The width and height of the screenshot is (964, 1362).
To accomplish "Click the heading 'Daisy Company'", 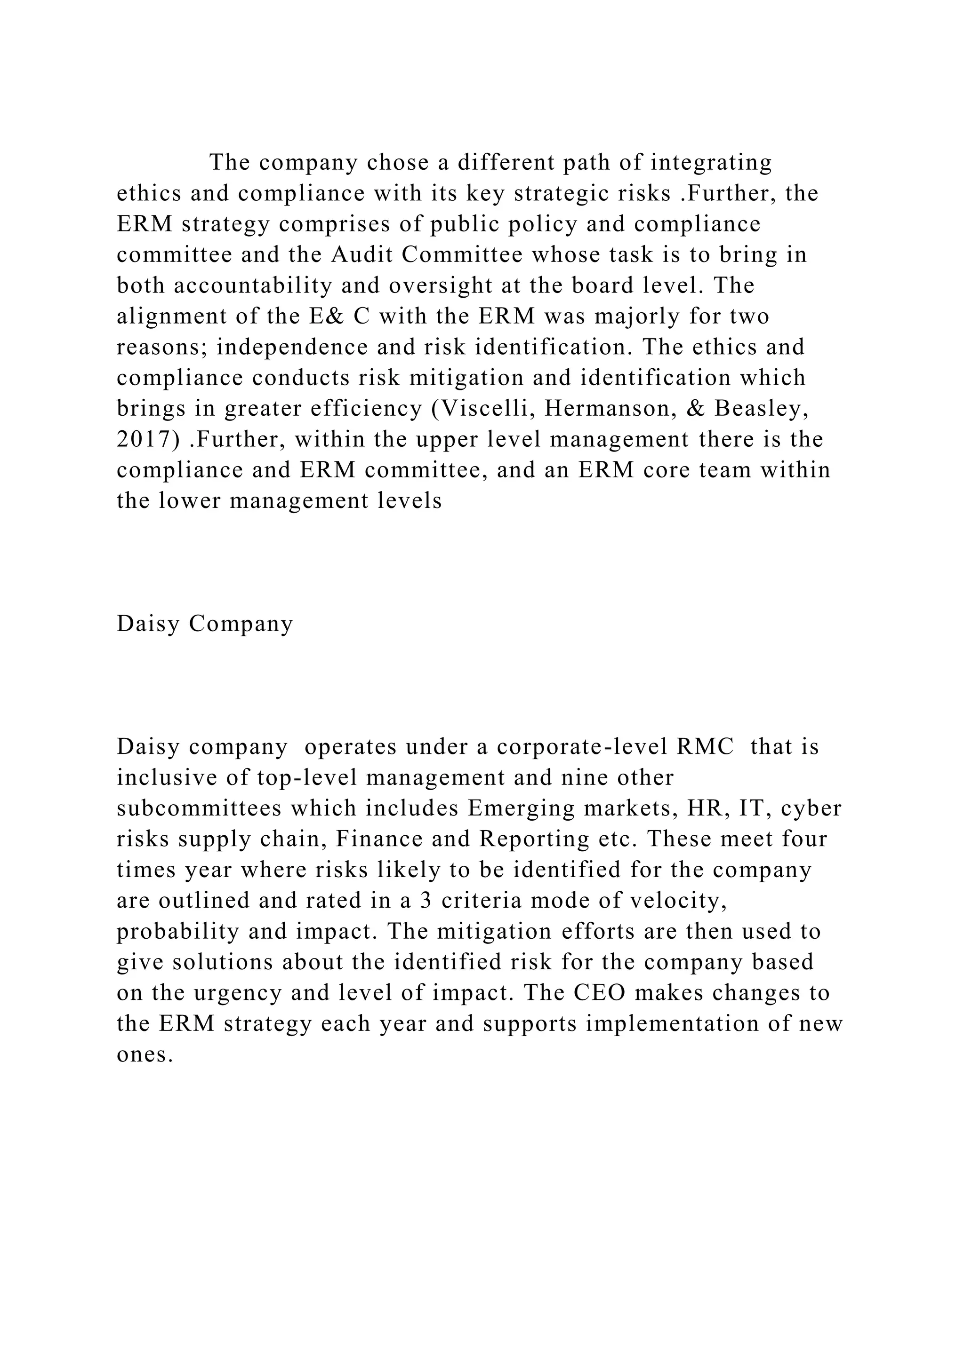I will (205, 624).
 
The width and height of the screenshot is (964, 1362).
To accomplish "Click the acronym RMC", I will (705, 746).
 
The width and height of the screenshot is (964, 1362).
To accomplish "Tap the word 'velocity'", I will (678, 901).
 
